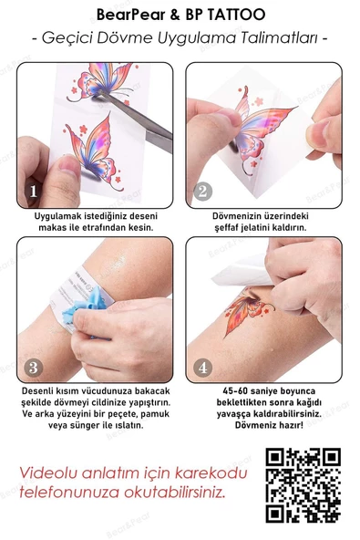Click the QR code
pos(303,485)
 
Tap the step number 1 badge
pos(34,192)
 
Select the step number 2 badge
pos(202,192)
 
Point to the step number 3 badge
pos(34,368)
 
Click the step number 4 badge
pos(202,368)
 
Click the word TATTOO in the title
pos(239,16)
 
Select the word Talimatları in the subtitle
pos(282,39)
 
